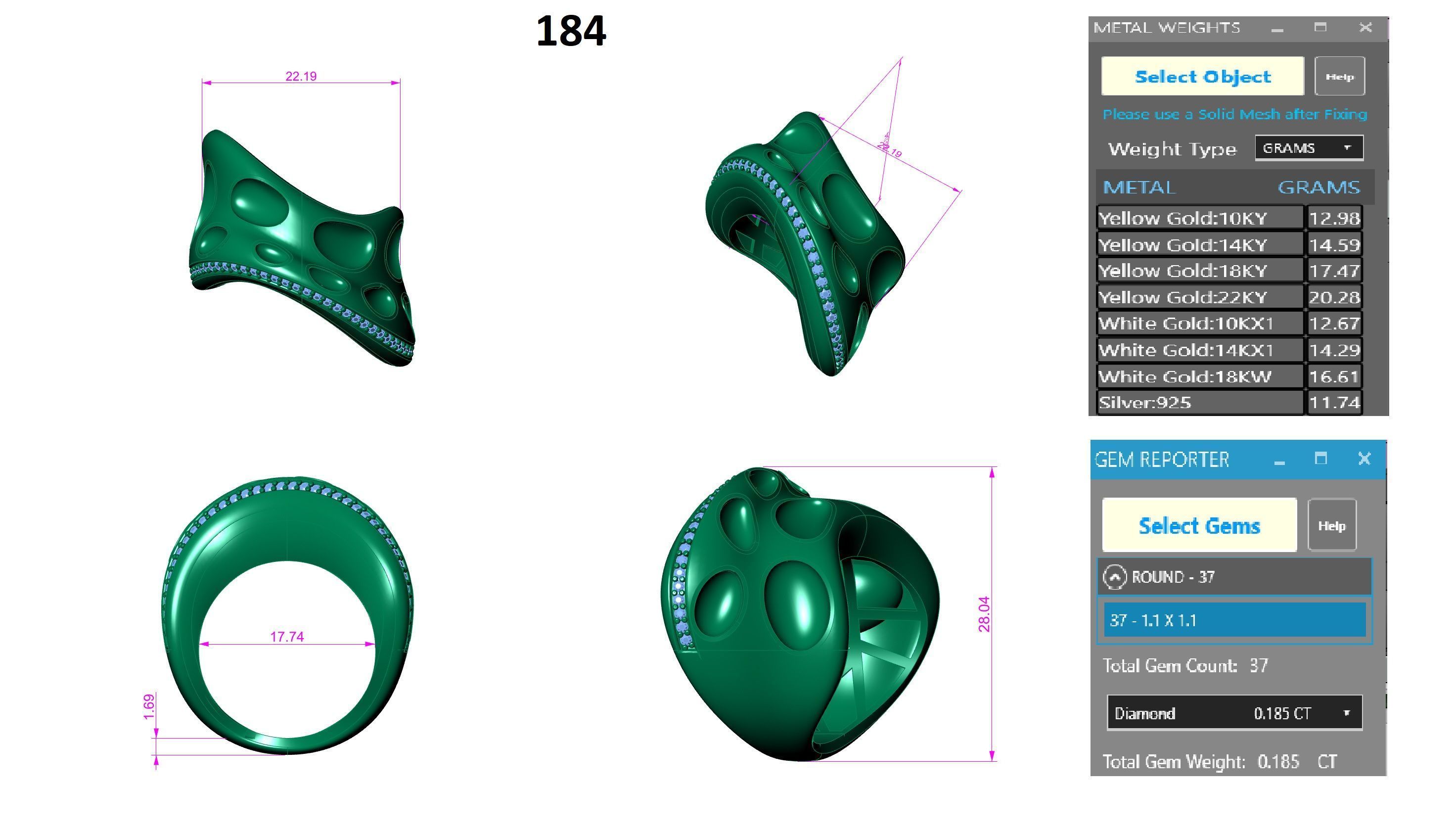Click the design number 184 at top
[x=571, y=32]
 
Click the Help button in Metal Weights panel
[x=1339, y=76]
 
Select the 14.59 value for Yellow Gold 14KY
[x=1334, y=245]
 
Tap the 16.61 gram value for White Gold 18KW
[x=1334, y=376]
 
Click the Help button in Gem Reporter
[x=1331, y=525]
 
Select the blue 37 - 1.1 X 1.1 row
[x=1234, y=620]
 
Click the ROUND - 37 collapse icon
[x=1115, y=577]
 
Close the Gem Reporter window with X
[x=1364, y=458]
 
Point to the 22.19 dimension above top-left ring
[x=300, y=76]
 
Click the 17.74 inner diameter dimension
[x=287, y=637]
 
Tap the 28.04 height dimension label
[x=984, y=614]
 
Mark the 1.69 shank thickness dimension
[x=148, y=706]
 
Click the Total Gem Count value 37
[x=1259, y=666]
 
